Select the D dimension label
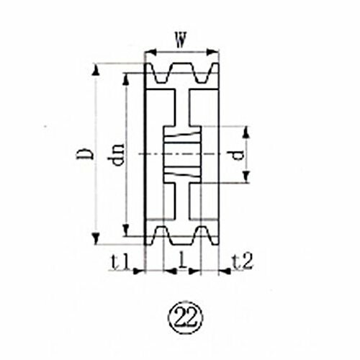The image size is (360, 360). coord(84,153)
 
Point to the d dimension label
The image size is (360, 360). coord(238,155)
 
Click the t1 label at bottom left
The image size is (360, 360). coord(121,261)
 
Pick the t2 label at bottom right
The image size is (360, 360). coord(243,261)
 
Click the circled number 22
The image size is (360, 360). coord(186,318)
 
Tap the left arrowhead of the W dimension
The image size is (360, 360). coord(151,52)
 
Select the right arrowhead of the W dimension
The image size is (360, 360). coord(212,52)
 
